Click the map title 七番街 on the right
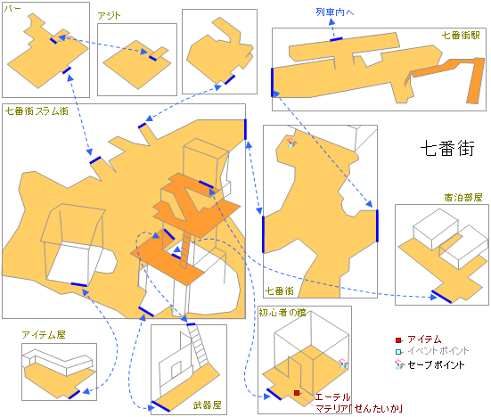click(447, 149)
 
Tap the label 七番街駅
click(461, 35)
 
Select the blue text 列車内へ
click(335, 12)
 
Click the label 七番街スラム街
click(37, 111)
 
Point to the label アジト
click(109, 16)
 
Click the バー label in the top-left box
click(12, 8)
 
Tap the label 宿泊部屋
click(463, 198)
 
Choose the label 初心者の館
click(282, 313)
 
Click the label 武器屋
click(207, 405)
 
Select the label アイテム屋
click(44, 335)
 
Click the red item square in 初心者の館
click(297, 393)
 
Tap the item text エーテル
click(332, 397)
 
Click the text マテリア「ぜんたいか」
click(359, 408)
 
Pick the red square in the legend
click(398, 340)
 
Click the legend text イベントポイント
click(438, 351)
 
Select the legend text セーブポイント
click(436, 364)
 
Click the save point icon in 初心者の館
click(344, 364)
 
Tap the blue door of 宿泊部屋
click(441, 297)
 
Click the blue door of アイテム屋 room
click(74, 395)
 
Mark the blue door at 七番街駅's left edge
click(272, 82)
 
